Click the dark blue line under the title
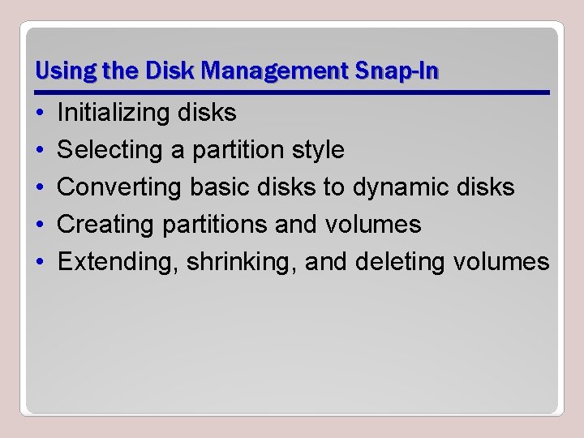(x=292, y=92)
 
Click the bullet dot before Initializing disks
(x=40, y=114)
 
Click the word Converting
(x=120, y=187)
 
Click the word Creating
(x=107, y=225)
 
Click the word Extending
(x=119, y=262)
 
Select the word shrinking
(x=242, y=262)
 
